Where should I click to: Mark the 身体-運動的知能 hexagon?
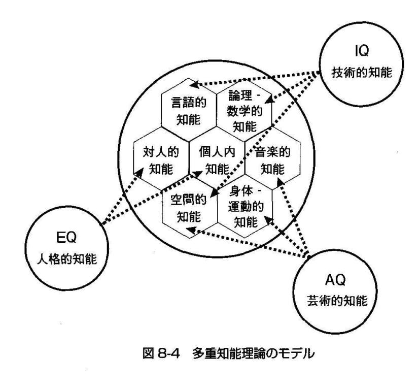coord(244,209)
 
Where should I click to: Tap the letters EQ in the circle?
coord(68,238)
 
